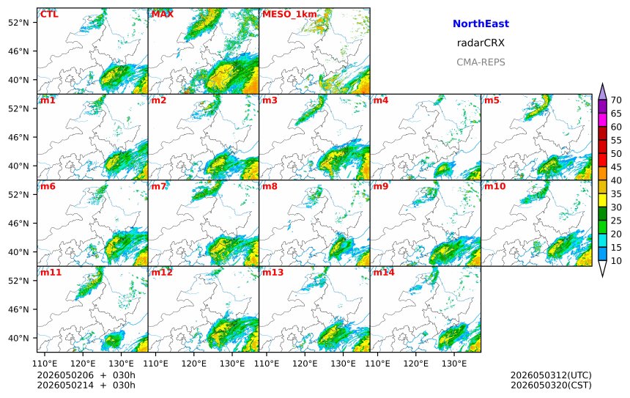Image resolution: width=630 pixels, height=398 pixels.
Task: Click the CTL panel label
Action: (49, 15)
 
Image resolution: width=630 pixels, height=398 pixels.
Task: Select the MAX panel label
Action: (163, 15)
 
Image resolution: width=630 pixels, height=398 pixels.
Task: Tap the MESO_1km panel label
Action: (289, 15)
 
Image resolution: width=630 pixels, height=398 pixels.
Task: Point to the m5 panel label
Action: (492, 100)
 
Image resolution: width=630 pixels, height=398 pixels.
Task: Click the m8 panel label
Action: (270, 186)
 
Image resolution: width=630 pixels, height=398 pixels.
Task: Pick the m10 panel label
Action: (494, 186)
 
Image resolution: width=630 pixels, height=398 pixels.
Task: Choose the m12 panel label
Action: (162, 272)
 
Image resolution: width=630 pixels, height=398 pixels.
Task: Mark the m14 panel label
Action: (384, 272)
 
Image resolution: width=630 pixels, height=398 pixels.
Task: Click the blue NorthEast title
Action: (481, 23)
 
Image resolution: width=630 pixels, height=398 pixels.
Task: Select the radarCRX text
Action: (481, 43)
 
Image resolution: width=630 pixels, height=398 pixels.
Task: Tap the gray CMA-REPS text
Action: (481, 62)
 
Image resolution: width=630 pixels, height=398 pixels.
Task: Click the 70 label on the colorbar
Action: (616, 100)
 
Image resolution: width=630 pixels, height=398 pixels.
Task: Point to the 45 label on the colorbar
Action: (616, 167)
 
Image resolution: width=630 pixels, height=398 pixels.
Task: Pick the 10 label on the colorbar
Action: (616, 261)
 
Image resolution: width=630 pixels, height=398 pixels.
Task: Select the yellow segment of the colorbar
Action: (602, 200)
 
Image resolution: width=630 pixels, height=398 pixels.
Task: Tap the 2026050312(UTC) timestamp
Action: (551, 375)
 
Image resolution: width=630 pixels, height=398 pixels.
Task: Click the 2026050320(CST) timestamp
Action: (551, 385)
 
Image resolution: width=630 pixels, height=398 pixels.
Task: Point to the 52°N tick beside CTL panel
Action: (18, 23)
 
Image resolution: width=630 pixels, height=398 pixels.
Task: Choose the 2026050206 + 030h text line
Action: (86, 375)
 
